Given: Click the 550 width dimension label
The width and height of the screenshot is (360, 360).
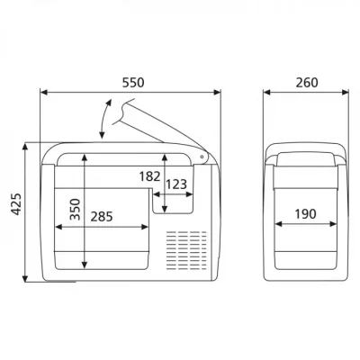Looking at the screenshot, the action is [133, 83].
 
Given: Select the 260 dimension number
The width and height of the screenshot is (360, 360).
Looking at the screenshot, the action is [307, 83].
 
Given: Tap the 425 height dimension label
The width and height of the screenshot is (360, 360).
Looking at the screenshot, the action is [17, 204].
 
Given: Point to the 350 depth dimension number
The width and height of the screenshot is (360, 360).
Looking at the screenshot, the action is [75, 209].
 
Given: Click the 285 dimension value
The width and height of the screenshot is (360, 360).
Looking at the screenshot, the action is [102, 217].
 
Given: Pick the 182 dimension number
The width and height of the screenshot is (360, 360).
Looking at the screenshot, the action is [149, 176].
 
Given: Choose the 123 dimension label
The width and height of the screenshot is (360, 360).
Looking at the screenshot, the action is [176, 184].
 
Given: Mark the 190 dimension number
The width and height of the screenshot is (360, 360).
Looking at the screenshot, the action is [305, 214].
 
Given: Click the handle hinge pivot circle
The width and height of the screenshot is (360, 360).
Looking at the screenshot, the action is [202, 157].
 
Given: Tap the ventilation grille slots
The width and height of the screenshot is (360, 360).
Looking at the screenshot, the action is [186, 250].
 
